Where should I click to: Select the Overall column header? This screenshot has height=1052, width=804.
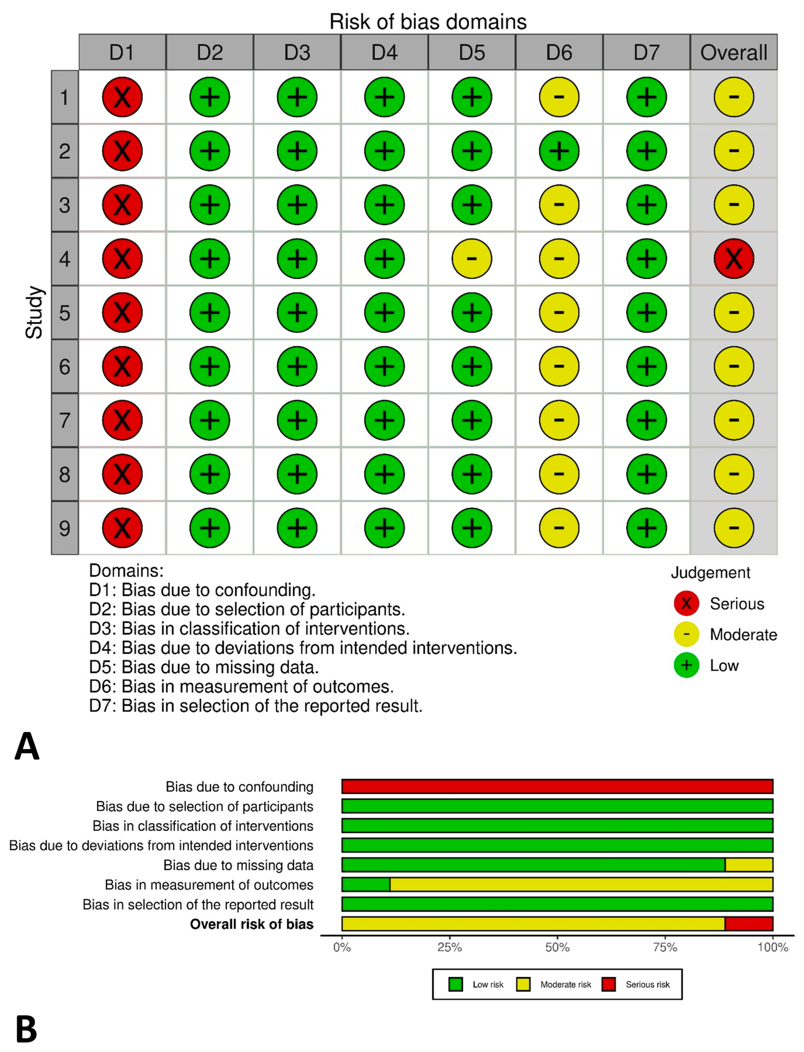pyautogui.click(x=733, y=52)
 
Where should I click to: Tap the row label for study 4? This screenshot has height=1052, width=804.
pyautogui.click(x=65, y=259)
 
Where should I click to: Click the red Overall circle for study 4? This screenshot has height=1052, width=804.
pyautogui.click(x=733, y=259)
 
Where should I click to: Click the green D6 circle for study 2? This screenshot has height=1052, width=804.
pyautogui.click(x=559, y=151)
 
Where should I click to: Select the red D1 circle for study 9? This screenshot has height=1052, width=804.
pyautogui.click(x=122, y=528)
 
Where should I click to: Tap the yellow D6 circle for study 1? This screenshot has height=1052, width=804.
pyautogui.click(x=559, y=97)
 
